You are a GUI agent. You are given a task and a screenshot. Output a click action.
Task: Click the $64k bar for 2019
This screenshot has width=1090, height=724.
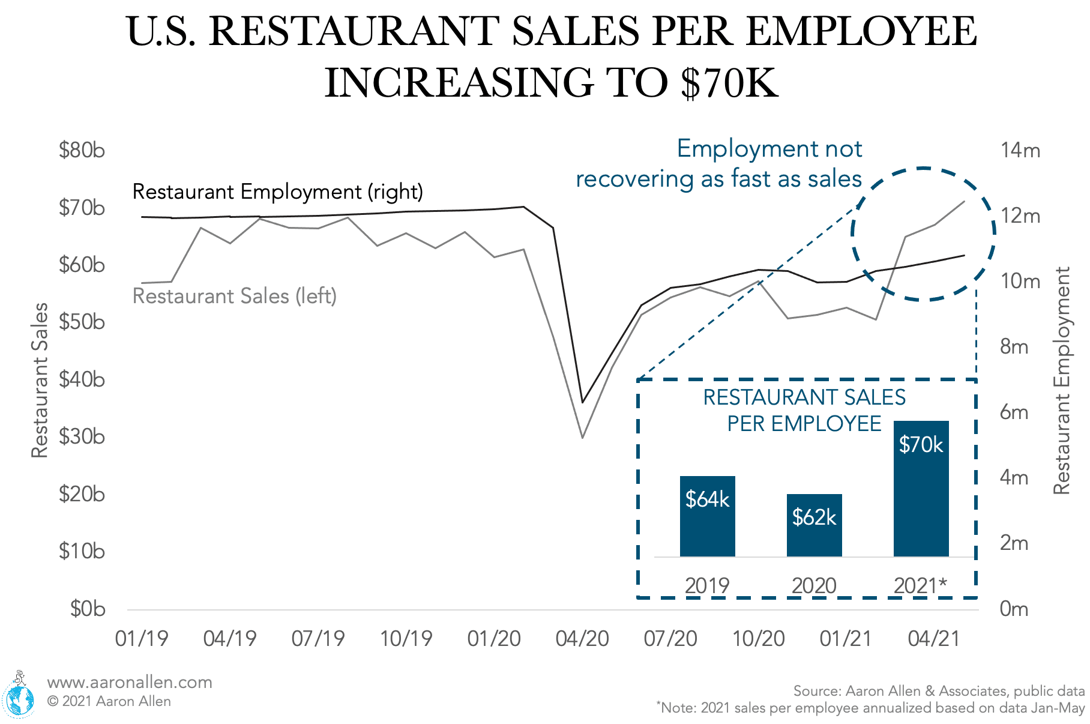pyautogui.click(x=707, y=516)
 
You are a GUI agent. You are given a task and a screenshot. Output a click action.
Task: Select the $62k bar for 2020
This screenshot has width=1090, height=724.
pyautogui.click(x=814, y=525)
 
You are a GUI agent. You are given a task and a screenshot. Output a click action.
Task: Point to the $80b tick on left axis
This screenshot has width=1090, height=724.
pyautogui.click(x=82, y=149)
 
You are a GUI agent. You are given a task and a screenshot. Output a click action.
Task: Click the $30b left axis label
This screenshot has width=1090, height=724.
pyautogui.click(x=82, y=436)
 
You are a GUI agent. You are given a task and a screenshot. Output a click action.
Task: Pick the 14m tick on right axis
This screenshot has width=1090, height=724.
pyautogui.click(x=1020, y=150)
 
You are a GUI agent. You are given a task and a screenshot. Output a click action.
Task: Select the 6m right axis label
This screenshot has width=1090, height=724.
pyautogui.click(x=1014, y=412)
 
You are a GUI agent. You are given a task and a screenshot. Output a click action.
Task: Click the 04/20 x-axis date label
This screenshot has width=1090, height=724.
pyautogui.click(x=582, y=639)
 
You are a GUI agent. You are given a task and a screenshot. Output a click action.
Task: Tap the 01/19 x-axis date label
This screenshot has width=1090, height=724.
pyautogui.click(x=142, y=639)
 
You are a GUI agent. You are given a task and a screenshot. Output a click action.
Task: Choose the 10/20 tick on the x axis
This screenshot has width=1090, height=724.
pyautogui.click(x=759, y=639)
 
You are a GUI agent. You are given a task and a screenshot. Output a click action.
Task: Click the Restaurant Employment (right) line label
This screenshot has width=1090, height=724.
pyautogui.click(x=278, y=192)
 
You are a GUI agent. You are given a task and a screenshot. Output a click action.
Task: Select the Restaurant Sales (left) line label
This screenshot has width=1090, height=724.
pyautogui.click(x=234, y=296)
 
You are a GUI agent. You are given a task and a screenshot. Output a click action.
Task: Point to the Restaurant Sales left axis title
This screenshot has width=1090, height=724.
pyautogui.click(x=40, y=381)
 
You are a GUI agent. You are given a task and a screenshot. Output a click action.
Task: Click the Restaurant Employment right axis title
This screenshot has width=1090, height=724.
pyautogui.click(x=1062, y=381)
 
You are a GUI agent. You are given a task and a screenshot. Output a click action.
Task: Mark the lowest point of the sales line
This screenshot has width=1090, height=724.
pyautogui.click(x=582, y=438)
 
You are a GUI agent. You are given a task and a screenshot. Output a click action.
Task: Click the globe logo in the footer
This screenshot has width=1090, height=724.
pyautogui.click(x=19, y=698)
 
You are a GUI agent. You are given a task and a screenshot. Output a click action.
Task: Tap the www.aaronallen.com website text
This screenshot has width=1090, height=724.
pyautogui.click(x=130, y=683)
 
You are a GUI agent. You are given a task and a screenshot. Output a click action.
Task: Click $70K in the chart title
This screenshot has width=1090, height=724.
pyautogui.click(x=729, y=82)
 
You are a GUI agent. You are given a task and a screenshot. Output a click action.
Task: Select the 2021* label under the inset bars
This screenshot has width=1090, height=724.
pyautogui.click(x=920, y=585)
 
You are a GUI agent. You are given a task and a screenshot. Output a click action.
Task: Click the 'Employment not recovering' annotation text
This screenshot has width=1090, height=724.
pyautogui.click(x=719, y=163)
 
